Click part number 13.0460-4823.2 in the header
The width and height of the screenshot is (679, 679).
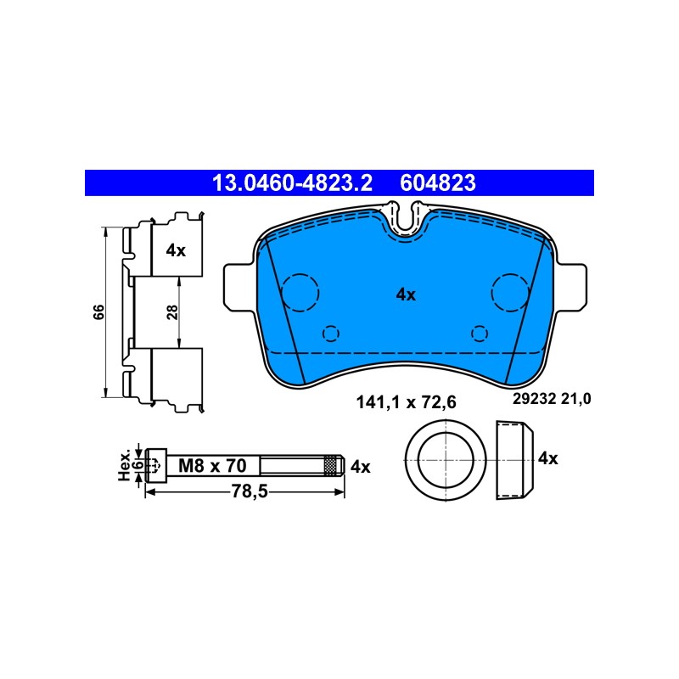pyautogui.click(x=292, y=183)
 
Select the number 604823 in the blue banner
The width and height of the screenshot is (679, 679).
pyautogui.click(x=438, y=183)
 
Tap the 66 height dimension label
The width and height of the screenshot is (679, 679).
pyautogui.click(x=99, y=311)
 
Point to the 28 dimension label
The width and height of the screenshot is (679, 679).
pyautogui.click(x=172, y=311)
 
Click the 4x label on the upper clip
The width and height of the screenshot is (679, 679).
pyautogui.click(x=176, y=250)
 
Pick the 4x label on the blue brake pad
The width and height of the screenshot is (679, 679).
pyautogui.click(x=406, y=295)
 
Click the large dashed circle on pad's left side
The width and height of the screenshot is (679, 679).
pyautogui.click(x=300, y=292)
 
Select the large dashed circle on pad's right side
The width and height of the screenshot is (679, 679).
pyautogui.click(x=511, y=292)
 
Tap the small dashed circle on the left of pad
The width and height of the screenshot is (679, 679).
pyautogui.click(x=331, y=334)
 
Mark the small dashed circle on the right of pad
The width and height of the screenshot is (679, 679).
pyautogui.click(x=480, y=334)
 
